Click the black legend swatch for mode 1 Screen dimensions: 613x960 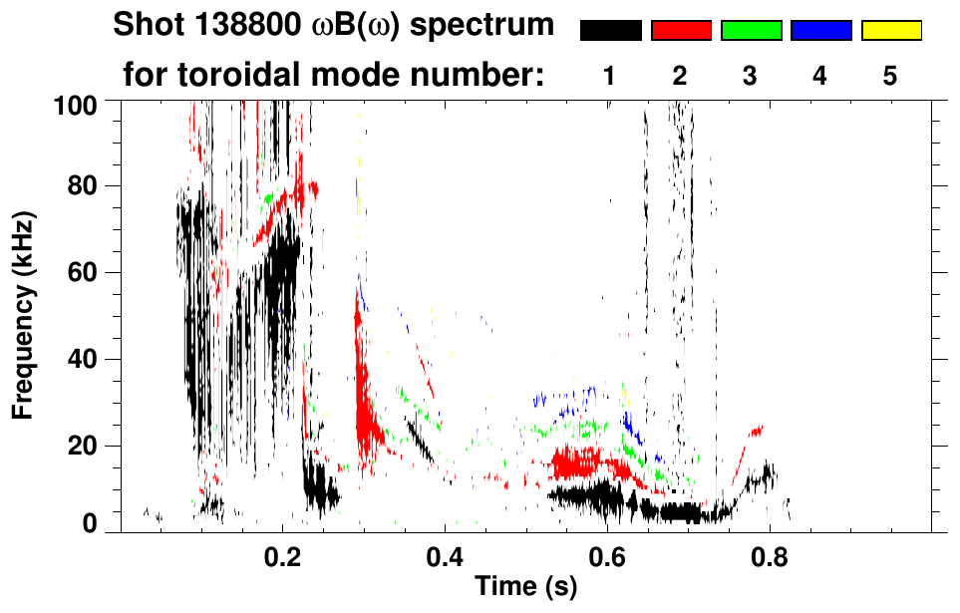pos(610,31)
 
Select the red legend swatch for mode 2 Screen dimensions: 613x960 pos(681,31)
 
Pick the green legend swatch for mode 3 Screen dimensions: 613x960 pos(751,31)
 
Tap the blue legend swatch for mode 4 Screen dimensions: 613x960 pos(820,31)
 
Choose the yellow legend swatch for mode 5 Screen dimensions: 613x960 pos(891,31)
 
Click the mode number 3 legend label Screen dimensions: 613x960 pos(751,76)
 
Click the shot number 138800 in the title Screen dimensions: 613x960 pos(238,26)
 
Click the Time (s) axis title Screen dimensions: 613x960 pos(525,587)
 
